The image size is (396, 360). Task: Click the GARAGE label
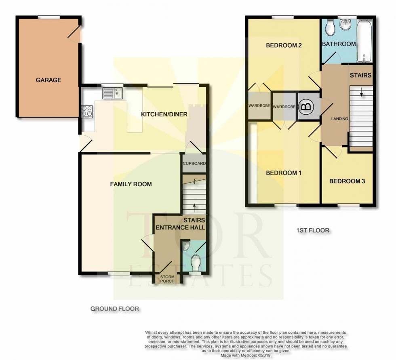[48, 80]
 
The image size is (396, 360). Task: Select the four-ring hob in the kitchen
[87, 111]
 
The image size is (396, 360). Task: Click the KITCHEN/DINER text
[164, 114]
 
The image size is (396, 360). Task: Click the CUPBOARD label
[195, 164]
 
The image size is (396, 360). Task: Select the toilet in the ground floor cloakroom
[196, 263]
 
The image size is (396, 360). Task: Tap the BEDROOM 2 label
[284, 46]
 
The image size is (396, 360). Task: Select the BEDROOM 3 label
[347, 181]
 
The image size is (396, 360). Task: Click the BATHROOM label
[339, 44]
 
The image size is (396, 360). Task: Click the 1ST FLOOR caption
[312, 231]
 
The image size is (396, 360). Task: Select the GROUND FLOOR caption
[114, 309]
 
